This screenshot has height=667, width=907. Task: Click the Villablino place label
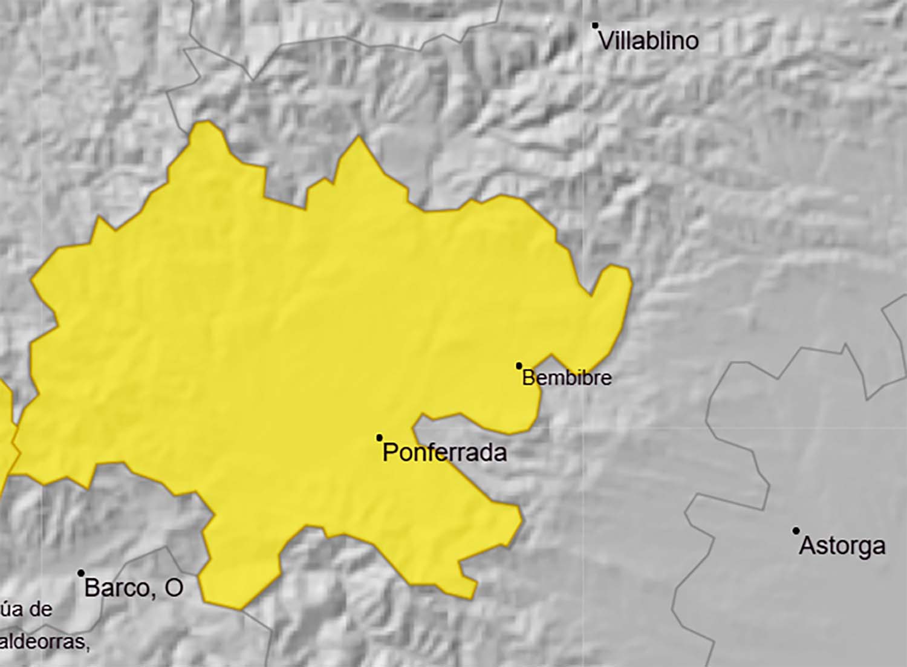point(648,41)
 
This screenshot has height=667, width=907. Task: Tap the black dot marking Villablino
point(595,25)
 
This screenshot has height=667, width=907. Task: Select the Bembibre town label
point(567,378)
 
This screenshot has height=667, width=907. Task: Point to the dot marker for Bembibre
point(519,366)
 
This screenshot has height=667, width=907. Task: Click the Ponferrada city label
point(444,453)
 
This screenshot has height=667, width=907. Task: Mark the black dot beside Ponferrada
point(379,438)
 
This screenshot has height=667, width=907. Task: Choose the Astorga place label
point(842,546)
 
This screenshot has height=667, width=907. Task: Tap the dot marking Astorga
point(796,531)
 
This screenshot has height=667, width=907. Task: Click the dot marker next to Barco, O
point(81,573)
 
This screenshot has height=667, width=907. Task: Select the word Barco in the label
point(117,588)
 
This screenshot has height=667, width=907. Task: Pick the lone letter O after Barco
point(174,588)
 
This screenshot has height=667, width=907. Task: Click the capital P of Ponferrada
point(391,453)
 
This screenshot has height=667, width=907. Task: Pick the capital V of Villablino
point(605,41)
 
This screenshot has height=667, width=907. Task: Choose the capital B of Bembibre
point(528,378)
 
